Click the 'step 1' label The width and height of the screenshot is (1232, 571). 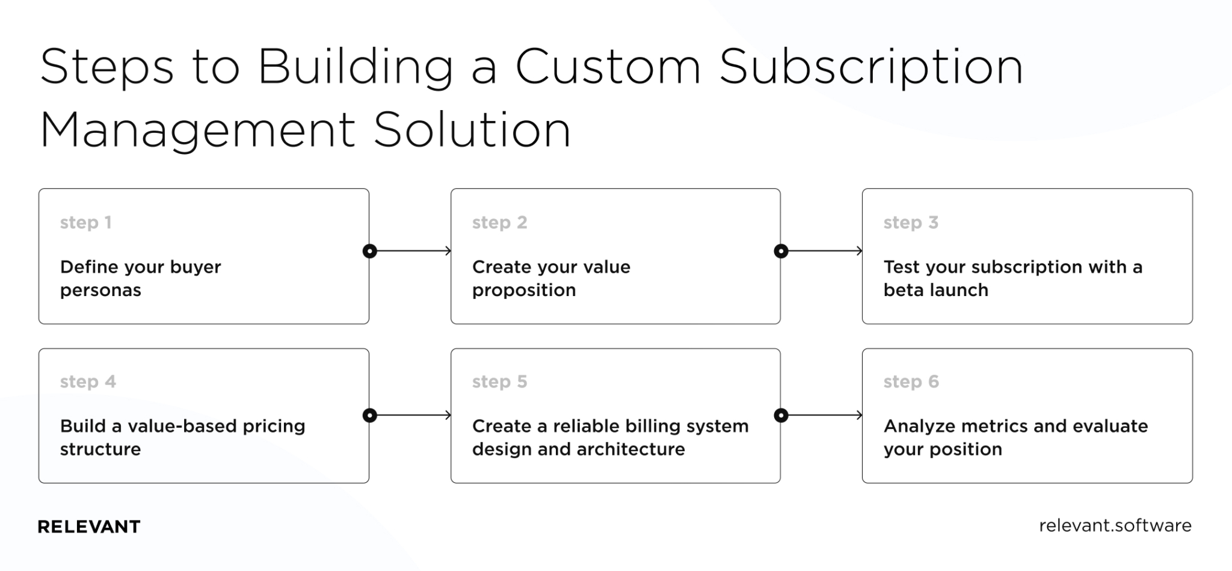[x=85, y=223]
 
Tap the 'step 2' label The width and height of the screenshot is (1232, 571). [x=499, y=223]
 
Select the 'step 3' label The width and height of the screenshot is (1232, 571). [x=910, y=223]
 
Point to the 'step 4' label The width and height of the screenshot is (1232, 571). [x=88, y=381]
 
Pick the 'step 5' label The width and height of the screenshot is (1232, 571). [x=499, y=381]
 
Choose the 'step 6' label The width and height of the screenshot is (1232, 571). [x=911, y=381]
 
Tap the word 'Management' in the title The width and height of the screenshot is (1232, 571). [x=198, y=130]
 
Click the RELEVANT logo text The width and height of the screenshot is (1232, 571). [x=89, y=526]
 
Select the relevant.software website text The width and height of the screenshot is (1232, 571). [x=1115, y=525]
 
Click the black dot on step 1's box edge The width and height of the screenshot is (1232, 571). [x=370, y=251]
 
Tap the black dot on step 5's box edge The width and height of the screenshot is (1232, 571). [x=781, y=415]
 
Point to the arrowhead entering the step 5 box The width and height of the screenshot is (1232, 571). [x=448, y=415]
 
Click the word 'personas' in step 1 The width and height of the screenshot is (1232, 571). [x=100, y=291]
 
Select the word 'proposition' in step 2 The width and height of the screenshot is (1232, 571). [x=523, y=291]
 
